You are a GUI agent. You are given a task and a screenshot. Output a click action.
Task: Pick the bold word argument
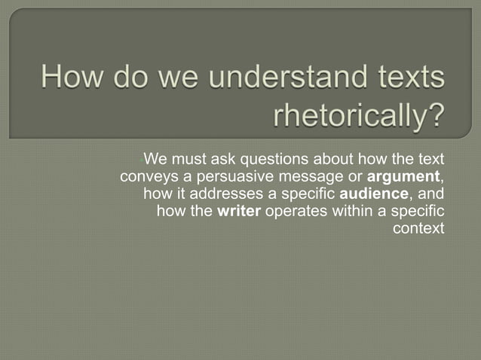point(403,177)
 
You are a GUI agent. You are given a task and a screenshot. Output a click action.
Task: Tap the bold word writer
point(238,210)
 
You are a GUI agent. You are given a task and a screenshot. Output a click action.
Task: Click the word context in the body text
point(419,227)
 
